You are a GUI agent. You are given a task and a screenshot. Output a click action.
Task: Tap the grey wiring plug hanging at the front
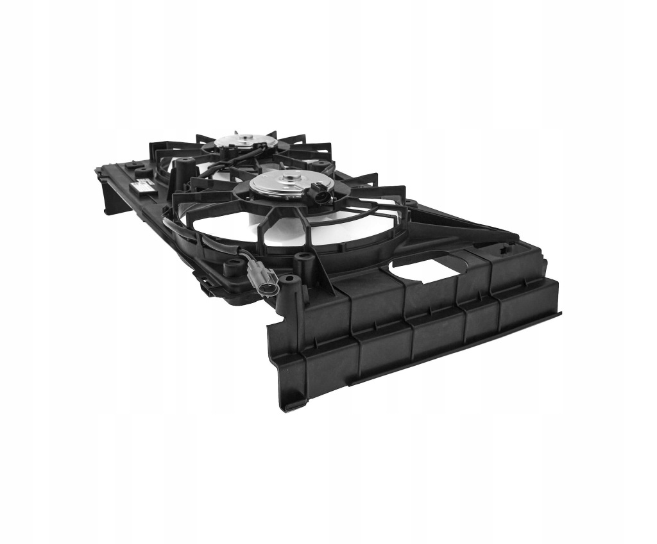(264, 278)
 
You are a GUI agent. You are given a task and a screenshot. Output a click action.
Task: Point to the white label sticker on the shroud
(142, 186)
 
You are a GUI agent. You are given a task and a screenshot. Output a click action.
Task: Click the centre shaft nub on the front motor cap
(293, 179)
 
